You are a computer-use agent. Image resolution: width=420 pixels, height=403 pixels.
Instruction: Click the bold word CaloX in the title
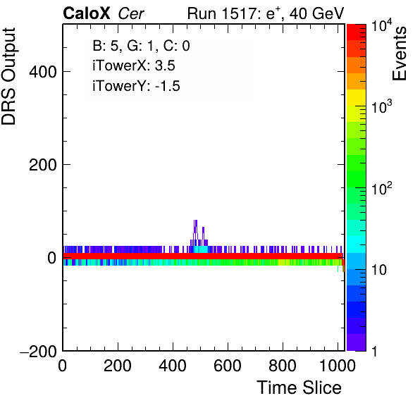point(87,13)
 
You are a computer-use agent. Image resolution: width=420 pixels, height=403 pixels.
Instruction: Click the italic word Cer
point(131,13)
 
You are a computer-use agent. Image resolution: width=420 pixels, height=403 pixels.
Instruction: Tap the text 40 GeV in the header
point(316,13)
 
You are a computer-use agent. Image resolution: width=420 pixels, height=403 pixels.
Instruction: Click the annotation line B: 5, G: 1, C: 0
point(141,46)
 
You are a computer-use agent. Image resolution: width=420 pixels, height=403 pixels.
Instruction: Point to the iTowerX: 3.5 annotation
point(134,66)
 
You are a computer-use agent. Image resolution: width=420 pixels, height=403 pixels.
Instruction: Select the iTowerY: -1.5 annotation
point(136,86)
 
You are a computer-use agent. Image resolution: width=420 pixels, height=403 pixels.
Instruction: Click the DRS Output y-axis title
point(8,76)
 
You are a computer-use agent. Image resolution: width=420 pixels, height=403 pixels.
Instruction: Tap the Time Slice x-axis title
point(299,387)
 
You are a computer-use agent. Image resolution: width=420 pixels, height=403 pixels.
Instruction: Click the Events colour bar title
point(399,54)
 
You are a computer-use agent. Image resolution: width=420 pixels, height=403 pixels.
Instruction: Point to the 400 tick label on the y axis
point(43,72)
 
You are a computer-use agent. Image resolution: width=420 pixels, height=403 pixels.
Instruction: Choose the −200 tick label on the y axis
point(39,351)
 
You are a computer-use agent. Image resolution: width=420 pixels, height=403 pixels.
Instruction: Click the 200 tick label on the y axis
point(43,165)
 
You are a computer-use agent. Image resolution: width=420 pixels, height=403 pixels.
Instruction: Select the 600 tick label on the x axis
point(228,365)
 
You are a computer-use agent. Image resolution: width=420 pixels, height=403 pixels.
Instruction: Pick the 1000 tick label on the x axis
point(338,365)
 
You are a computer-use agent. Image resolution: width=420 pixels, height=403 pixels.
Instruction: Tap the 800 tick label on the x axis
point(283,365)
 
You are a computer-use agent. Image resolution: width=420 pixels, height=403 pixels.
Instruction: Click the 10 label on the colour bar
point(378,270)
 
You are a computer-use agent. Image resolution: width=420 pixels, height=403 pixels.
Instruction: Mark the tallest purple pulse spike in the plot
point(195,230)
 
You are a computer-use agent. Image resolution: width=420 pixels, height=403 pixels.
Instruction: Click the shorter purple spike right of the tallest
point(203,234)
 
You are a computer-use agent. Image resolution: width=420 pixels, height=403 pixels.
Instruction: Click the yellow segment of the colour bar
point(357,97)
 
